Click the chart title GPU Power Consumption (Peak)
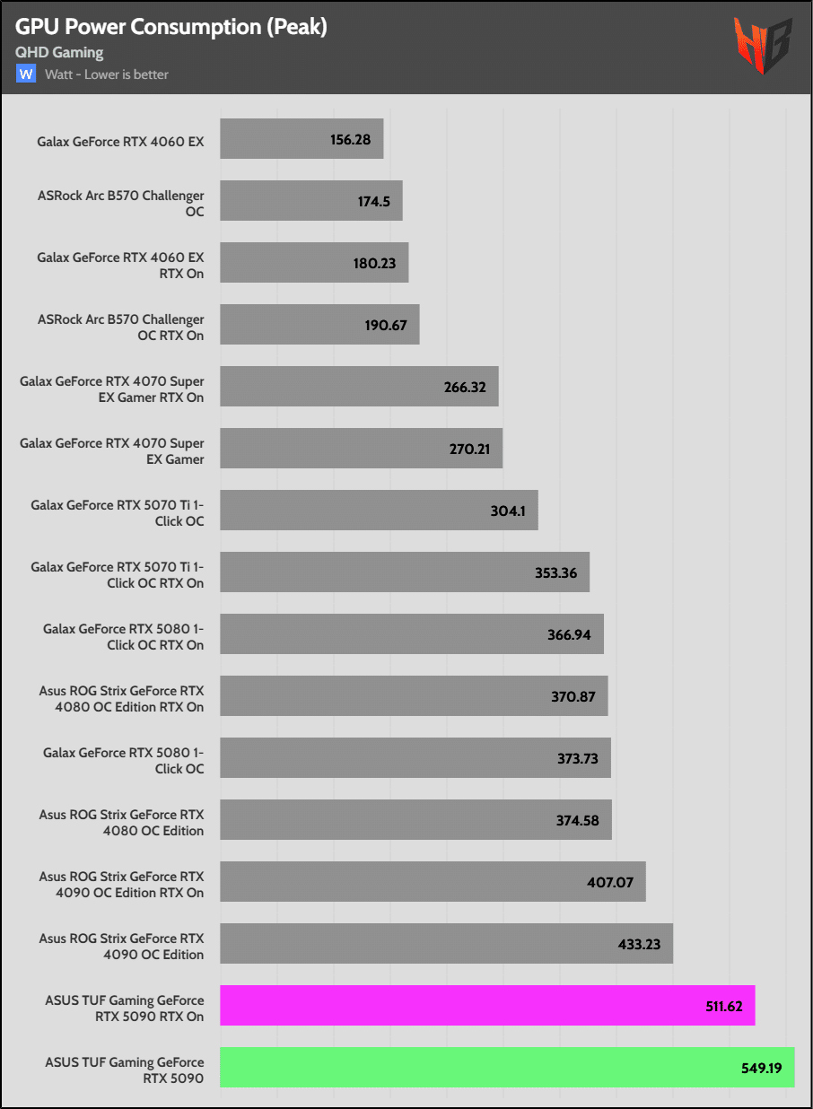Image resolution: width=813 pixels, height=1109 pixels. pos(170,28)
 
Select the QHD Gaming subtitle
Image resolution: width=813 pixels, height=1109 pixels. pos(59,53)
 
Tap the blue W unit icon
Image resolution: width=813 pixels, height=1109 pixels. pos(26,74)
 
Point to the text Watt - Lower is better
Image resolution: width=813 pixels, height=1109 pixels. pos(107,74)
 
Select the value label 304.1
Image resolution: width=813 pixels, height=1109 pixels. pos(509,511)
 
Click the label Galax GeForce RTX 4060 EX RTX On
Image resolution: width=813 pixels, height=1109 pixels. pos(120,266)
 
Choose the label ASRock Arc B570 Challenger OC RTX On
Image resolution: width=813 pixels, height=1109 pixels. pos(120,327)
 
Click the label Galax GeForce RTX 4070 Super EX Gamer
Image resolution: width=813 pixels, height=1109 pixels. pos(112,451)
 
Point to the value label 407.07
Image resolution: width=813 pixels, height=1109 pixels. pos(610,882)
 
